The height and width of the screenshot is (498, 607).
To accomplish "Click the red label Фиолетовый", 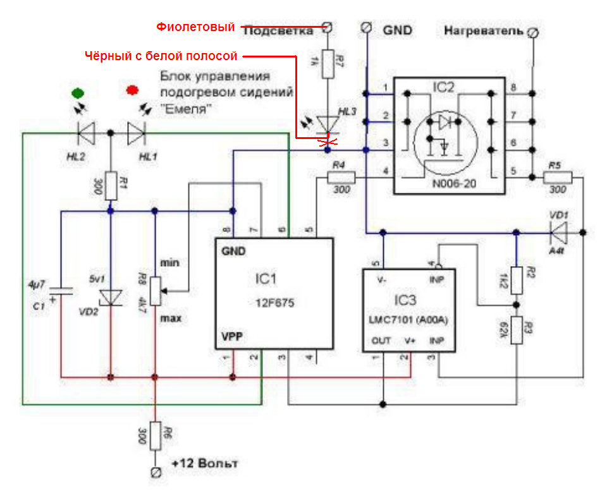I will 195,27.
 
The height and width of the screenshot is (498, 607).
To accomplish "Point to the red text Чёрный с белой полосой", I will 161,56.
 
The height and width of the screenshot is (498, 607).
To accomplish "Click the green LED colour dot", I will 78,92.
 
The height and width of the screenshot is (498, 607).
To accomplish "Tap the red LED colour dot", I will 132,90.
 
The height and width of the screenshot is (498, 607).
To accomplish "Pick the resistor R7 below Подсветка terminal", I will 327,64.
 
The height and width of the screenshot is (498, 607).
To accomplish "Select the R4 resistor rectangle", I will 341,178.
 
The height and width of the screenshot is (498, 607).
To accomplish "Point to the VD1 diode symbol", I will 558,233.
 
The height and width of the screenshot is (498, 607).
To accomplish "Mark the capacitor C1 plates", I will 61,291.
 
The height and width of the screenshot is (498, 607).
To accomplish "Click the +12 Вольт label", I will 205,465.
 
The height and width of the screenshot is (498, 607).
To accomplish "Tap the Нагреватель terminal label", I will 484,30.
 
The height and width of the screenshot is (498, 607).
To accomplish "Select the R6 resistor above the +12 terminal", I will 154,435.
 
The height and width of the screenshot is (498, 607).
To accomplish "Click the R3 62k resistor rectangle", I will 517,330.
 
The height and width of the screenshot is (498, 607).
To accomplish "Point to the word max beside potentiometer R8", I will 171,319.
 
